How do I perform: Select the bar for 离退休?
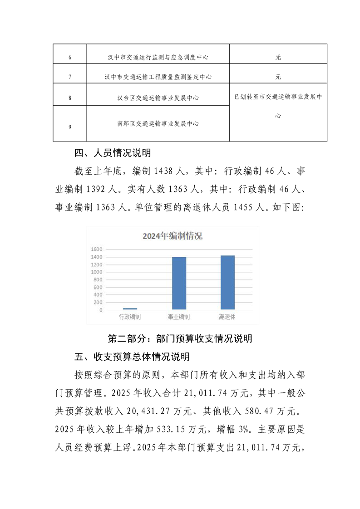227,282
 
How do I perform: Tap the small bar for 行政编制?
130,308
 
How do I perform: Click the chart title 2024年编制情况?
173,236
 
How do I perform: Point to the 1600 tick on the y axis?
96,249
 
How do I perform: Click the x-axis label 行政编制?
130,317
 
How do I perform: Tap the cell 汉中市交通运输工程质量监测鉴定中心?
158,77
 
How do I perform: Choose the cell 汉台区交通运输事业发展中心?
158,98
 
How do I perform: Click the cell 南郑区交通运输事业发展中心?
158,123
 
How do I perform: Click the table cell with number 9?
69,127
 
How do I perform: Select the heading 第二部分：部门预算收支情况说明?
180,338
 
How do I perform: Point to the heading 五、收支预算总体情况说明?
132,357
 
